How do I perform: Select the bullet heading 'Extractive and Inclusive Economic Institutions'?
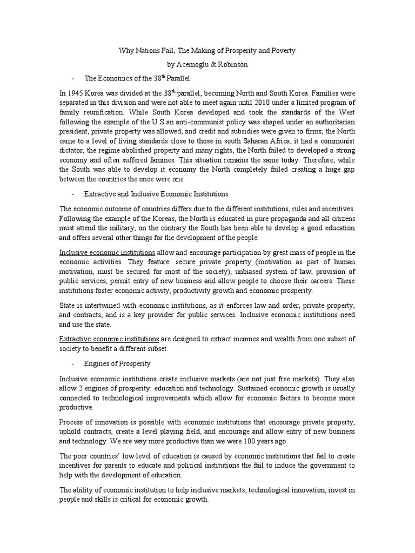pos(156,193)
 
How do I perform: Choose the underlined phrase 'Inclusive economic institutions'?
pos(108,252)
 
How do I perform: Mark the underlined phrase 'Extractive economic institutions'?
pos(109,339)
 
